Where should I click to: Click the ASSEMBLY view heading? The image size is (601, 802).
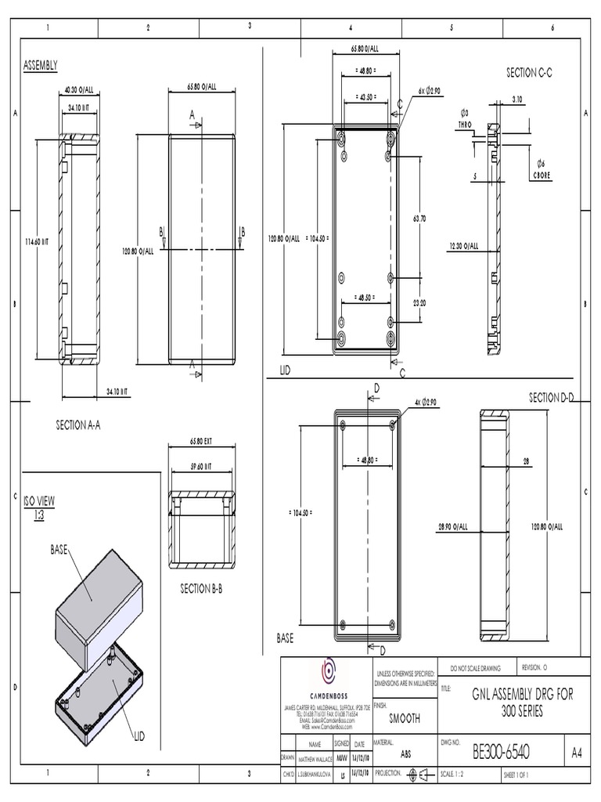pyautogui.click(x=41, y=66)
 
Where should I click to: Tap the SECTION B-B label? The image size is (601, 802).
pyautogui.click(x=202, y=588)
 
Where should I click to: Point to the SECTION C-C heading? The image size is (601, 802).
pyautogui.click(x=529, y=72)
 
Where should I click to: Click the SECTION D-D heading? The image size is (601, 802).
pyautogui.click(x=552, y=397)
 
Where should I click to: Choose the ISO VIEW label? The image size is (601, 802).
pyautogui.click(x=39, y=501)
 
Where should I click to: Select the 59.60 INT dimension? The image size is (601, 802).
pyautogui.click(x=201, y=467)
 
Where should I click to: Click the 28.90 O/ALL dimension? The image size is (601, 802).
pyautogui.click(x=452, y=526)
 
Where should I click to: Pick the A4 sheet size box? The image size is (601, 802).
pyautogui.click(x=577, y=753)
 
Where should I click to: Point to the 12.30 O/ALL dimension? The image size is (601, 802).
pyautogui.click(x=464, y=246)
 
